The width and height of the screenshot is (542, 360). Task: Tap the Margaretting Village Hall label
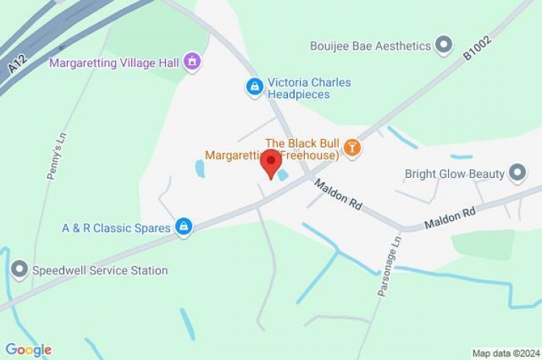(114, 63)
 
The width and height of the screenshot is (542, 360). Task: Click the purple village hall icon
(191, 62)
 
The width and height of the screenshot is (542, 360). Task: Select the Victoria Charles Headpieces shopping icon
(254, 87)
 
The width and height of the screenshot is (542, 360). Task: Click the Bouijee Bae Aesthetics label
(371, 46)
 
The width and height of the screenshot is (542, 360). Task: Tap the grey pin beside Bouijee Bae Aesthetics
(443, 46)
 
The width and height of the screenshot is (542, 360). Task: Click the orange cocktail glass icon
(351, 148)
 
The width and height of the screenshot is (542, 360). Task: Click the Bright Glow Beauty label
(454, 174)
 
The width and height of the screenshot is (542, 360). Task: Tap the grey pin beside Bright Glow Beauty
(518, 173)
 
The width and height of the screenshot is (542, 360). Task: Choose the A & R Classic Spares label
(116, 228)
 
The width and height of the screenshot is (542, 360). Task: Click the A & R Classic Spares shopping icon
(183, 227)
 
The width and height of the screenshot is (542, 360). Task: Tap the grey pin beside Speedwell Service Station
(19, 270)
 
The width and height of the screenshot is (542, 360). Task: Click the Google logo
(28, 350)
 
